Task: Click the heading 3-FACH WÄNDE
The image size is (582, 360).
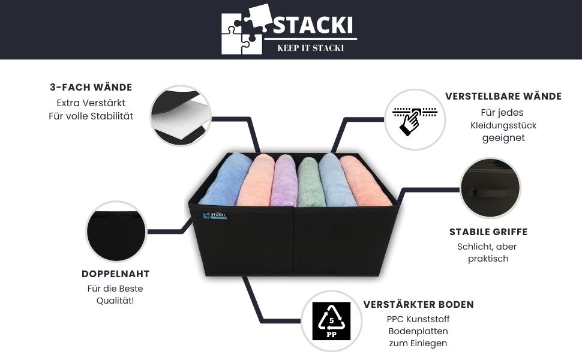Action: coord(91,88)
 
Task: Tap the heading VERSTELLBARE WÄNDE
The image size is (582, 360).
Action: coord(503,97)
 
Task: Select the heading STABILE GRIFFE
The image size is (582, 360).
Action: coord(488,232)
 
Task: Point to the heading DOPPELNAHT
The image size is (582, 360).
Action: coord(115,274)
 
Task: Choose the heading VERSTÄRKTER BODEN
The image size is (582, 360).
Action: coord(418,304)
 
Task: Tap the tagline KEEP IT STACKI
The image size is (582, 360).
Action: coord(310,48)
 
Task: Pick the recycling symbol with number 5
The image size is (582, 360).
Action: coord(331,323)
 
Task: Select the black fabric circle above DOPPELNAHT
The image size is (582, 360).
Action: coord(116,231)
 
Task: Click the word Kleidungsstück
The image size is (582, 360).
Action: coord(503,125)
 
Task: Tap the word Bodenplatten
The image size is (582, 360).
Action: coord(418,331)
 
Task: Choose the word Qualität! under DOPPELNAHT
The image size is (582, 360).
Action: coord(115,301)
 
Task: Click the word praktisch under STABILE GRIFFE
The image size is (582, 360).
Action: coord(488,259)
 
